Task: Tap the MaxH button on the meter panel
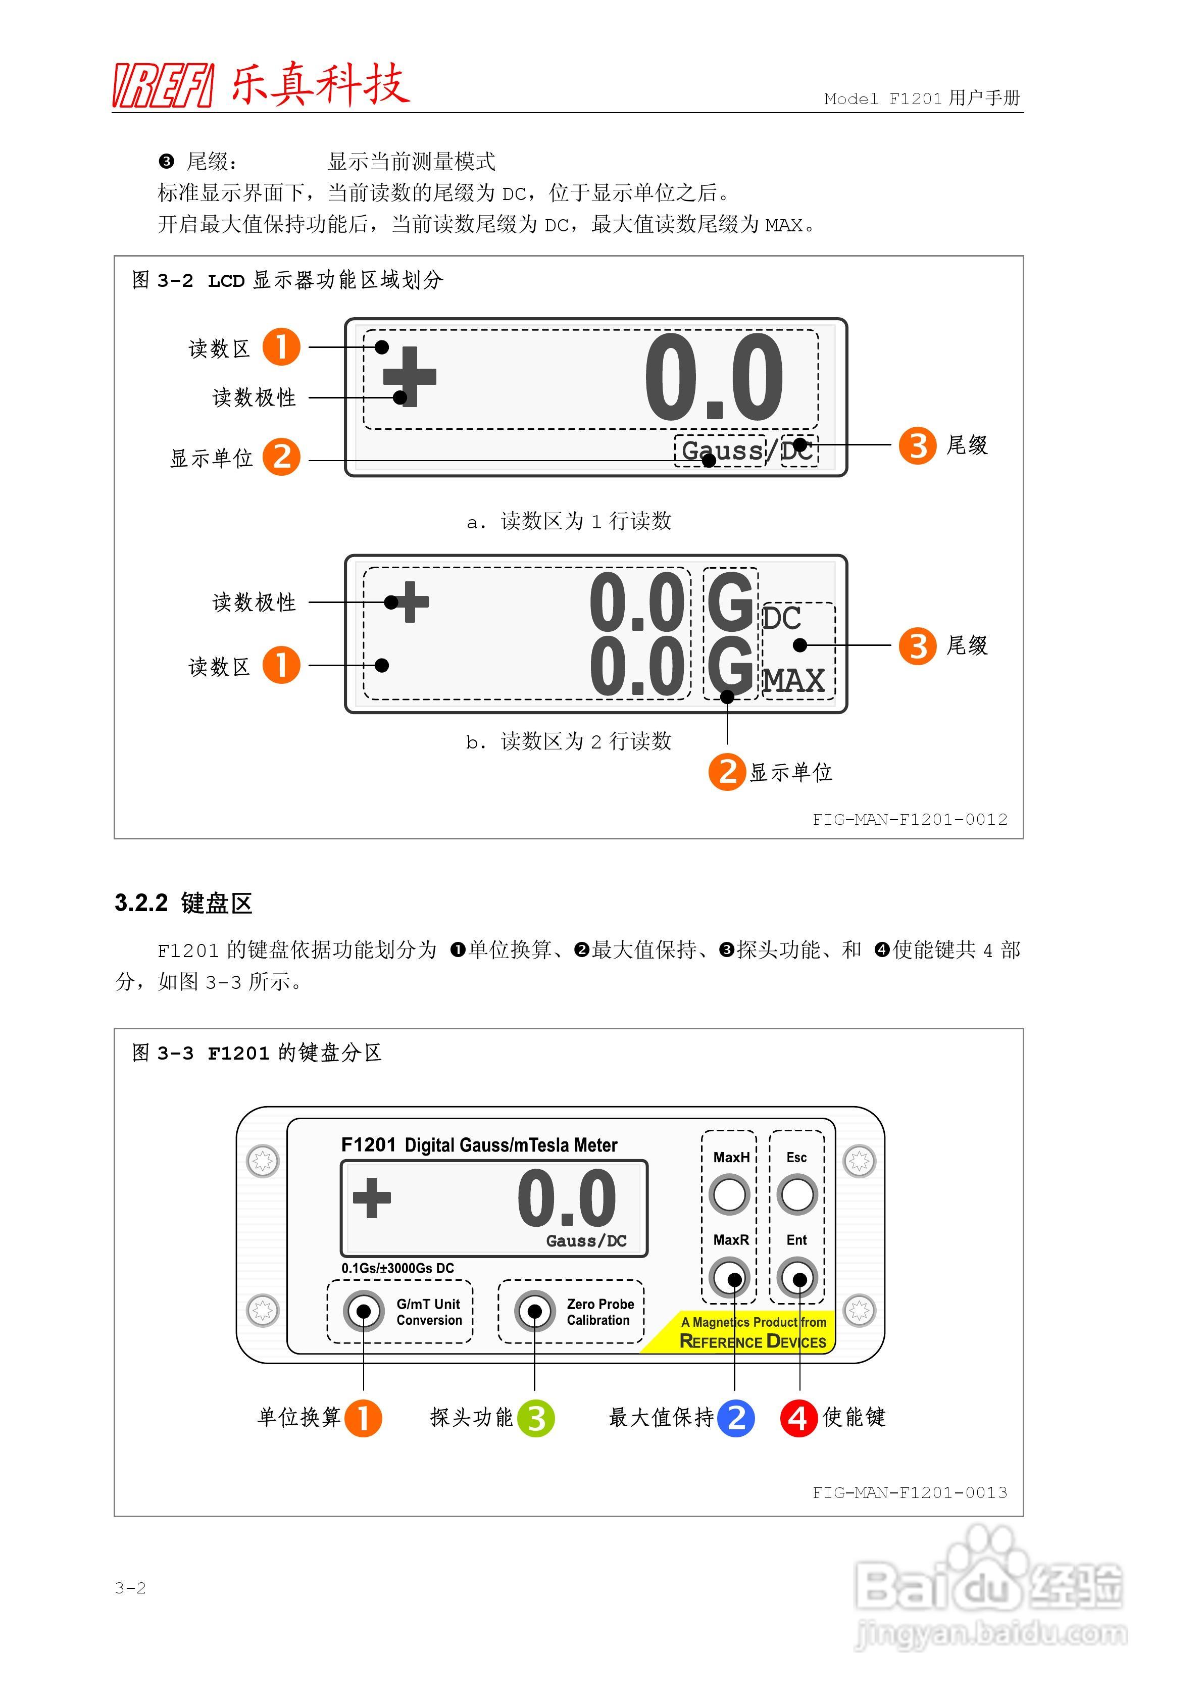(729, 1194)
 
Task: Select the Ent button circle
(797, 1277)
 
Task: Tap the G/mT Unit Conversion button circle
(363, 1311)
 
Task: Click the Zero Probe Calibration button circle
(534, 1311)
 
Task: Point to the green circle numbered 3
(536, 1418)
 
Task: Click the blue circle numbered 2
(736, 1418)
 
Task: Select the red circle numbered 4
(798, 1418)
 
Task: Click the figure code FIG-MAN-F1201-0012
(910, 819)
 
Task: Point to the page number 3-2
(130, 1588)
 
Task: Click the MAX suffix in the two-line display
(794, 681)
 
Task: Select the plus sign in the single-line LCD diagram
(409, 376)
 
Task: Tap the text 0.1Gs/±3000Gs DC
(398, 1268)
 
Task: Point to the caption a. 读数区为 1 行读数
(569, 522)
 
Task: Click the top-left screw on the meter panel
(262, 1160)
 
